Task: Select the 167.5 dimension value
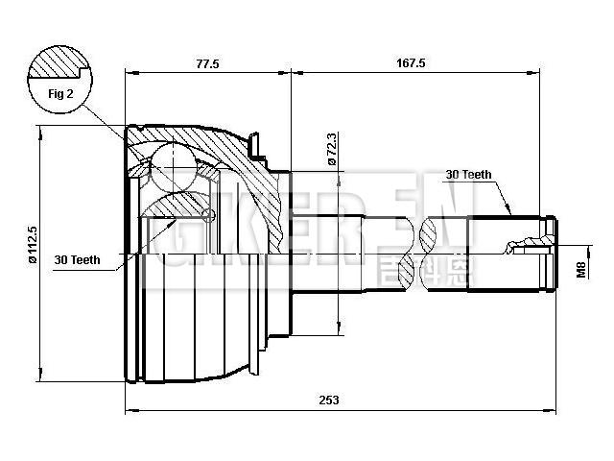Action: click(x=410, y=63)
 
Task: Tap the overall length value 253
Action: click(x=329, y=400)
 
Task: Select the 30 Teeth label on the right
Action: click(x=468, y=175)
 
